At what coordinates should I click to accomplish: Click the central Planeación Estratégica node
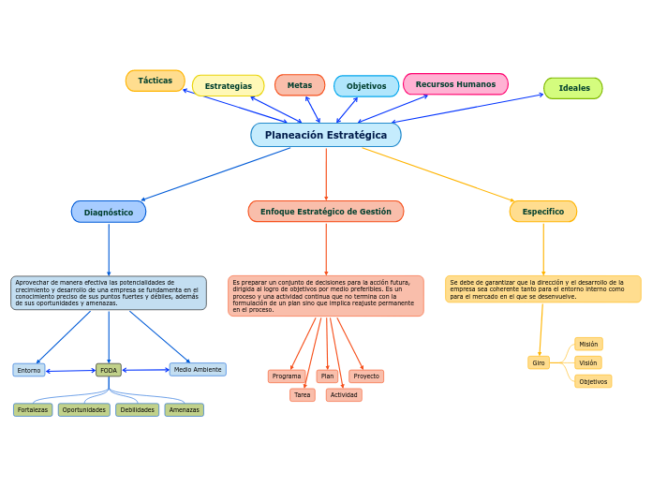(325, 135)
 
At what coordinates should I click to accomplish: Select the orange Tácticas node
(156, 81)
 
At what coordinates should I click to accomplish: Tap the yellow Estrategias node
(229, 86)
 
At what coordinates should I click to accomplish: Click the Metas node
(300, 85)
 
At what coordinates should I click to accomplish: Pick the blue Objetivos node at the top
(366, 86)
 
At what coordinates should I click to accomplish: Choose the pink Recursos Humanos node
(455, 84)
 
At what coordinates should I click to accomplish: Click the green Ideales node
(573, 88)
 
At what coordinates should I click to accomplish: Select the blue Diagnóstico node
(109, 212)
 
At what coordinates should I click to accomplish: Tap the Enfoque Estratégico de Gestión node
(326, 212)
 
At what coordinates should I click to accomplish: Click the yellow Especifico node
(543, 212)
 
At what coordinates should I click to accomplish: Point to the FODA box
(109, 370)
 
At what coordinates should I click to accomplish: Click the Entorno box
(29, 370)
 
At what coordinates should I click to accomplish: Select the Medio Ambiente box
(198, 369)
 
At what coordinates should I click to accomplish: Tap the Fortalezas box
(33, 409)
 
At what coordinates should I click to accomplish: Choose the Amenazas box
(185, 409)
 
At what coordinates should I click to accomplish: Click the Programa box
(287, 376)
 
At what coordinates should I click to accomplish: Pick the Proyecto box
(366, 376)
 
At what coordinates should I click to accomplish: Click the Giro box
(539, 362)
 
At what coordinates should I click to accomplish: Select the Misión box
(588, 344)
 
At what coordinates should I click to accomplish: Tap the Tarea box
(303, 395)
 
